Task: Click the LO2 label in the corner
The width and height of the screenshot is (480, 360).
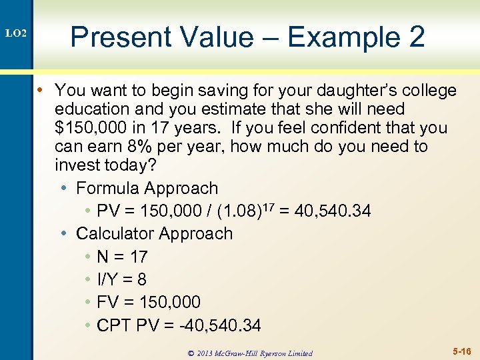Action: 16,33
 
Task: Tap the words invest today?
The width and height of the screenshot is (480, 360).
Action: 107,165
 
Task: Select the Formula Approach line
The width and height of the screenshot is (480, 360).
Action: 147,189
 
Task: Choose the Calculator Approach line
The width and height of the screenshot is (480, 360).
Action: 154,234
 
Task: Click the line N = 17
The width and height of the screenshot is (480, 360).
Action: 122,257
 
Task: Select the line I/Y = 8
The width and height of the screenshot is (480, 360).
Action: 121,279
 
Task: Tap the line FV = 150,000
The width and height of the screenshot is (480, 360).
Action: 148,302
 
